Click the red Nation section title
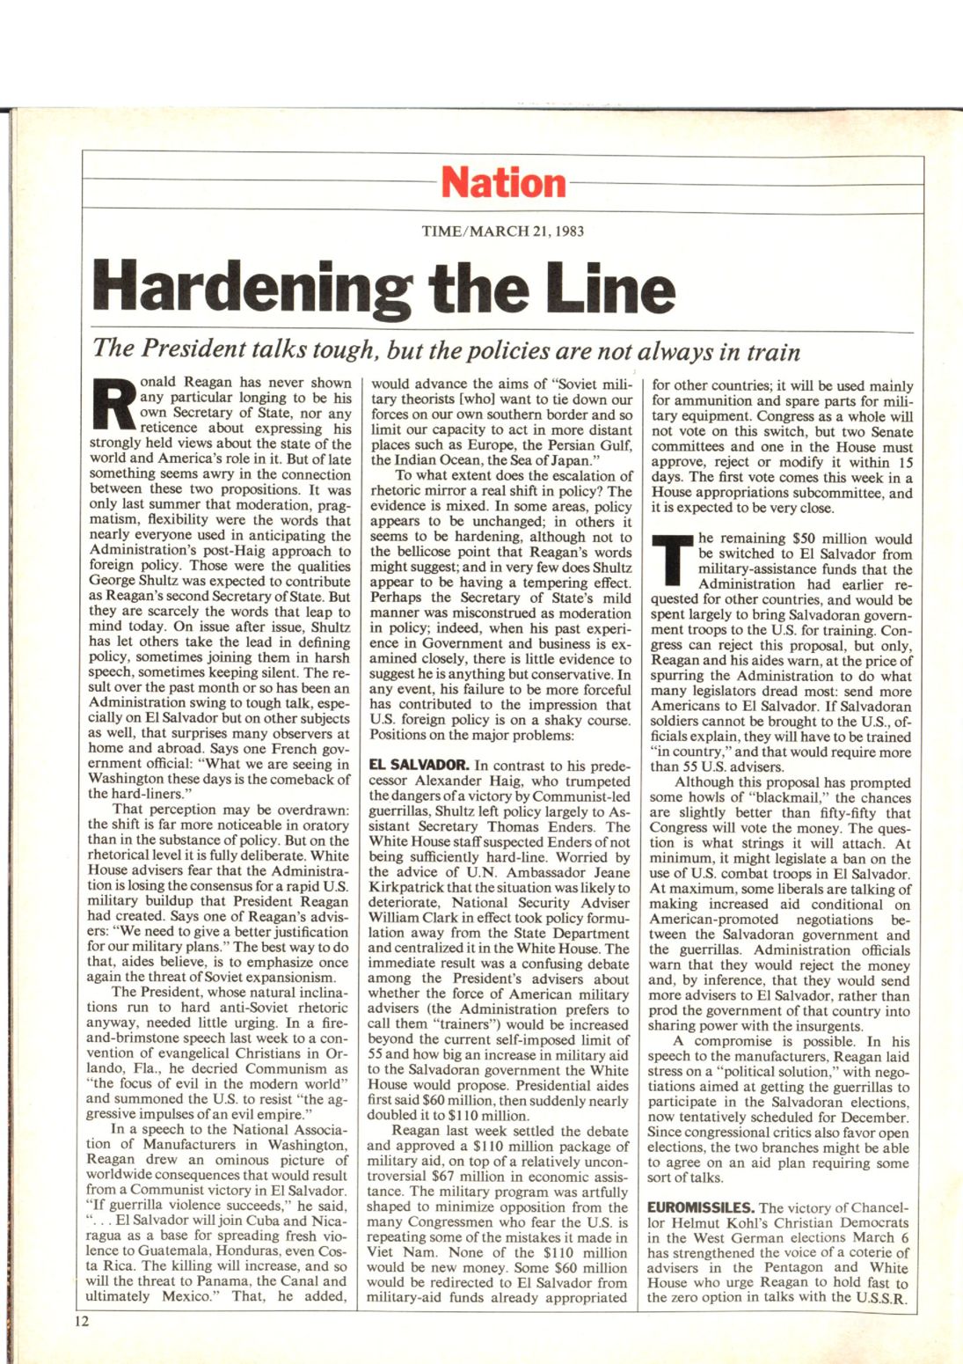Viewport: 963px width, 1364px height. point(504,183)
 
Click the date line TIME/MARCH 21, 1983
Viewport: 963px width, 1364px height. point(502,232)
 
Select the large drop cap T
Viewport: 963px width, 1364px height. point(673,560)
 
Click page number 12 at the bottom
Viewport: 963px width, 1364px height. point(81,1321)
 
